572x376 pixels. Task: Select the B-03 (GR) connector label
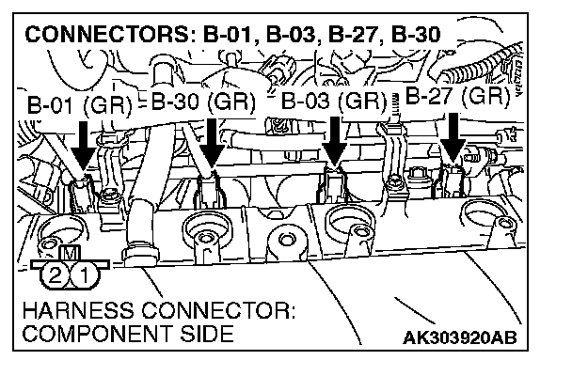point(334,101)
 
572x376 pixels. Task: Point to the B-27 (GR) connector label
point(458,96)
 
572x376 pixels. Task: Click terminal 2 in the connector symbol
point(55,276)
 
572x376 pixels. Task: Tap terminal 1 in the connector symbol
point(83,276)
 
